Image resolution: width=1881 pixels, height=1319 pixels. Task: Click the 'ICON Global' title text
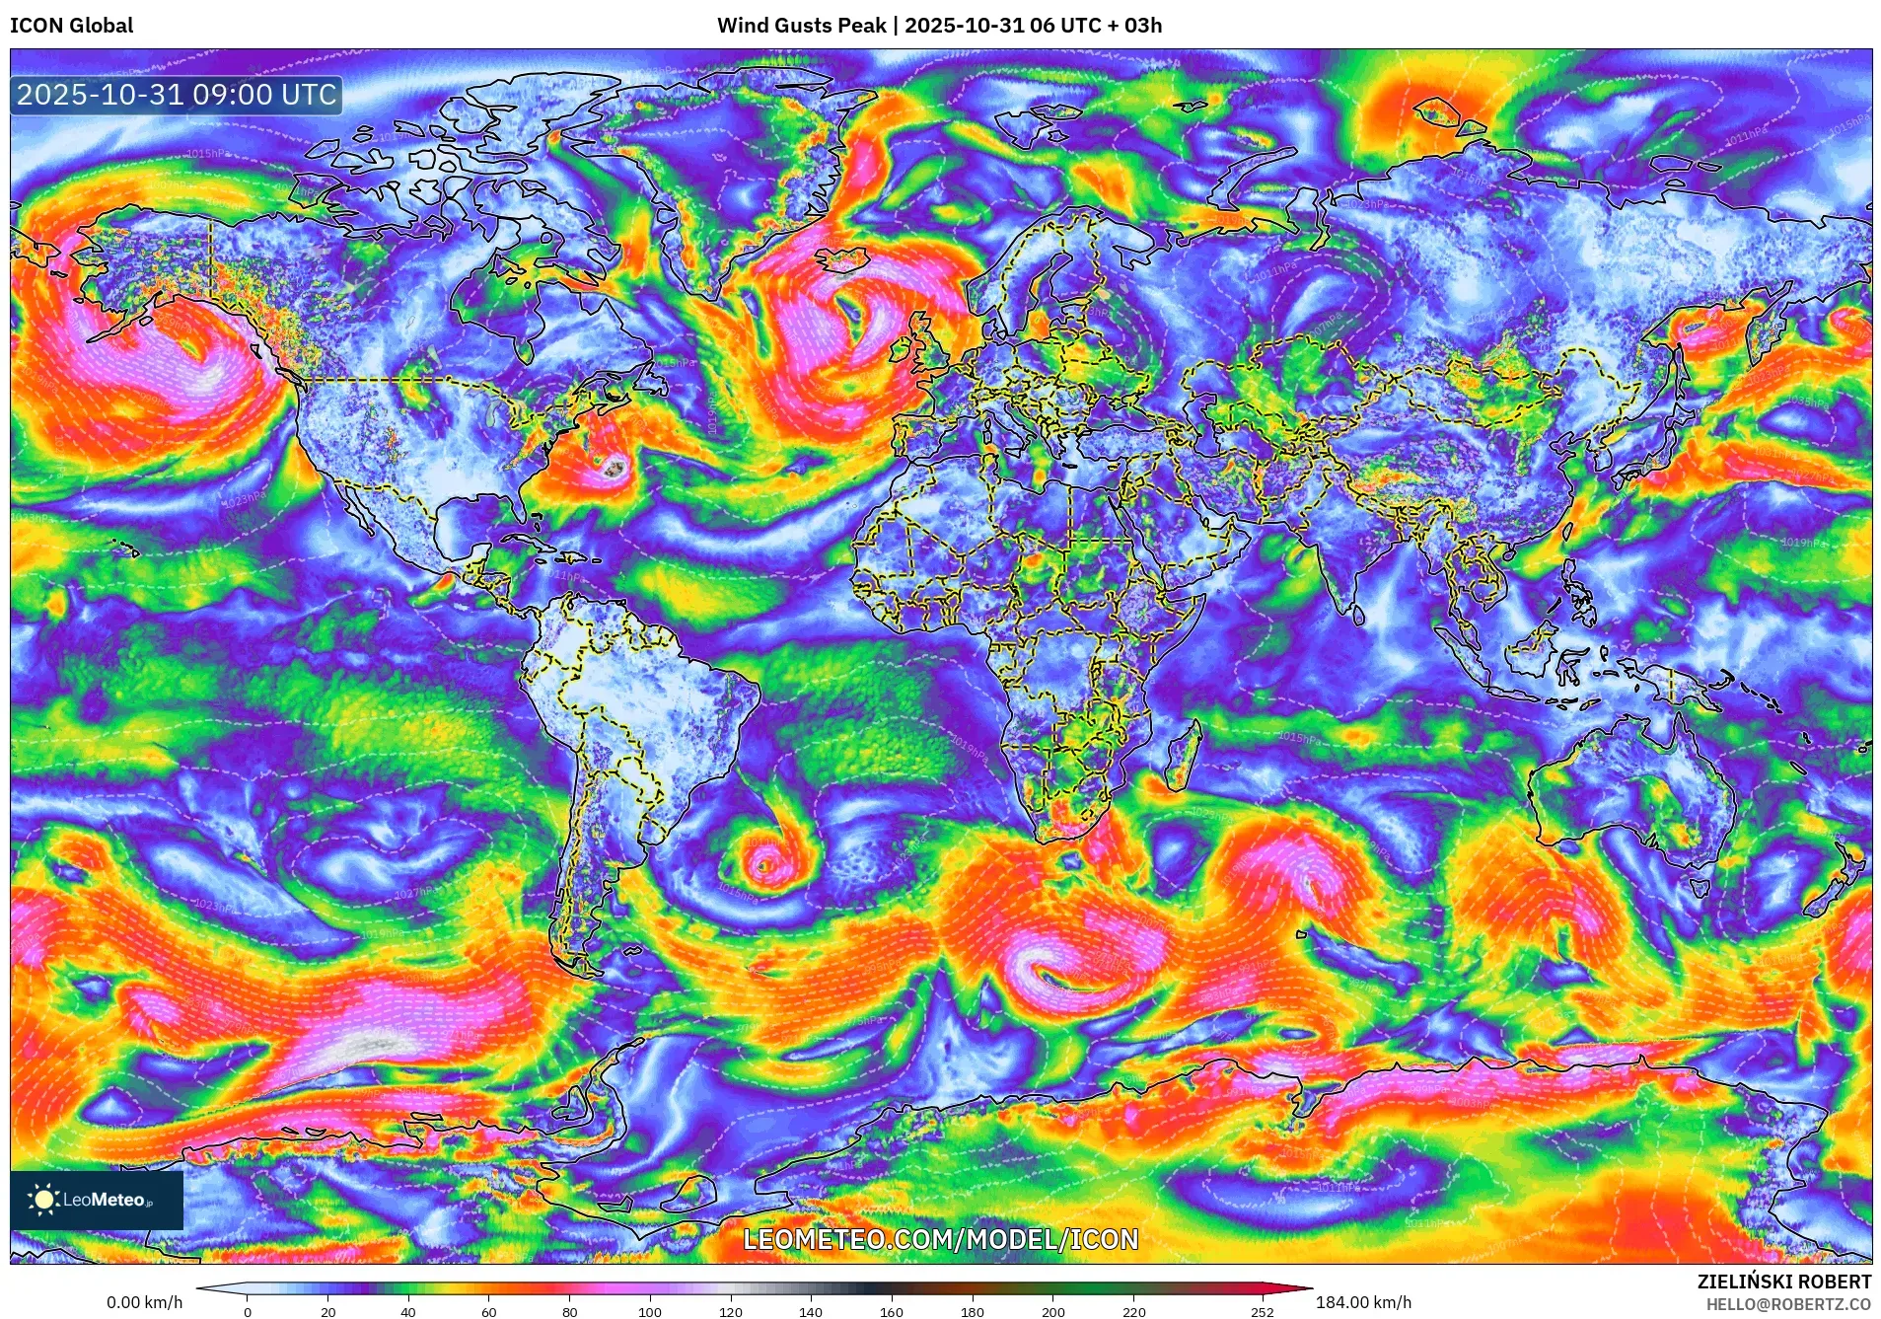[x=71, y=26]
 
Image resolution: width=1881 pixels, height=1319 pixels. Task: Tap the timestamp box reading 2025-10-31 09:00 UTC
[x=177, y=96]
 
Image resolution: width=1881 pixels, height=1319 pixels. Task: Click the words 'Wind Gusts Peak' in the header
[x=801, y=26]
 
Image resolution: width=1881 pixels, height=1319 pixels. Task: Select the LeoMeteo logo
[x=96, y=1200]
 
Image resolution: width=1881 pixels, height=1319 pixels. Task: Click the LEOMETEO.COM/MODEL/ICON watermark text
[x=940, y=1239]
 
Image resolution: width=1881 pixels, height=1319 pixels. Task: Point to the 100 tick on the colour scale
[x=649, y=1311]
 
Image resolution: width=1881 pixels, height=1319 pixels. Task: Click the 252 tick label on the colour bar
[x=1262, y=1311]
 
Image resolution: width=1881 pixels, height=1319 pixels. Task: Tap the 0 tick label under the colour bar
[x=248, y=1311]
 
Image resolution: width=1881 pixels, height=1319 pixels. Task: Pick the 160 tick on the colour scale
[x=891, y=1311]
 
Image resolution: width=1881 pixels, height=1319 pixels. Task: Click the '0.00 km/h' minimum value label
[x=144, y=1302]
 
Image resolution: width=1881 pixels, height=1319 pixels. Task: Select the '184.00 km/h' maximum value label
[x=1363, y=1302]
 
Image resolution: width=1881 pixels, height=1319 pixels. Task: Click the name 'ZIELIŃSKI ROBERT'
[x=1783, y=1282]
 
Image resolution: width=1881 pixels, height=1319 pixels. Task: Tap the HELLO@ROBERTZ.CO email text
[x=1788, y=1304]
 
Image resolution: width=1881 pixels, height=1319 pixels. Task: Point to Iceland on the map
[x=840, y=258]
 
